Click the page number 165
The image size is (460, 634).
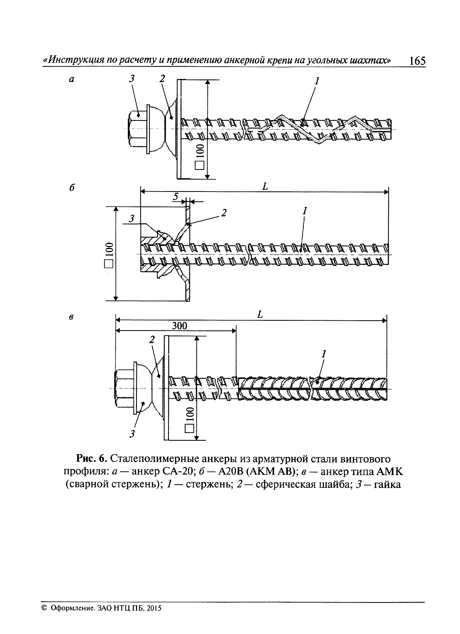coord(417,61)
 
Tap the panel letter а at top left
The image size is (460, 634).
coord(72,80)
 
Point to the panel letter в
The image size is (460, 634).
coord(71,317)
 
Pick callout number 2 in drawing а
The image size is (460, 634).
coord(162,79)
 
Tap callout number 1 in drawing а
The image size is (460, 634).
coord(317,81)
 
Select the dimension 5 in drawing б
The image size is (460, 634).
coord(175,197)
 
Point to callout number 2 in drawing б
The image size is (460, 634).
coord(223,213)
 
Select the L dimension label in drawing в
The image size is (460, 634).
coord(260,315)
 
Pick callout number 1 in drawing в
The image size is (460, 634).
coord(324,354)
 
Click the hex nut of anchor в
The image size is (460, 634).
coord(124,389)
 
